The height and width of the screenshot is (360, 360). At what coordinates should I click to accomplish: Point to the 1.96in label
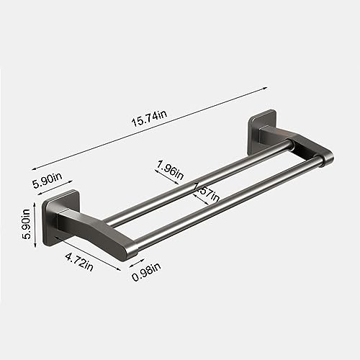pos(171,172)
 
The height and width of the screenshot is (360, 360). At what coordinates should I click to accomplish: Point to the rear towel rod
pos(202,180)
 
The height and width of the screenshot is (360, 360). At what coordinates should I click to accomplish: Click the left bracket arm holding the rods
pos(97,230)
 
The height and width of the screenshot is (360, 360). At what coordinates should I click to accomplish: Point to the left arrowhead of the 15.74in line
pos(32,165)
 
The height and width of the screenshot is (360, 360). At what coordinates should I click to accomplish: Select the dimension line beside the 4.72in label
pos(86,252)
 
